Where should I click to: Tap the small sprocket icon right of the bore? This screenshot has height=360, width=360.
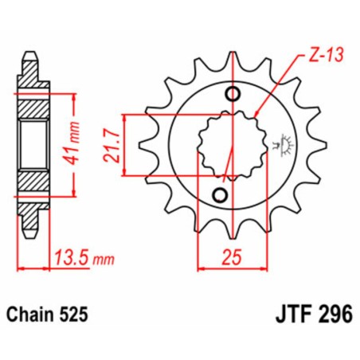coord(280,145)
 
